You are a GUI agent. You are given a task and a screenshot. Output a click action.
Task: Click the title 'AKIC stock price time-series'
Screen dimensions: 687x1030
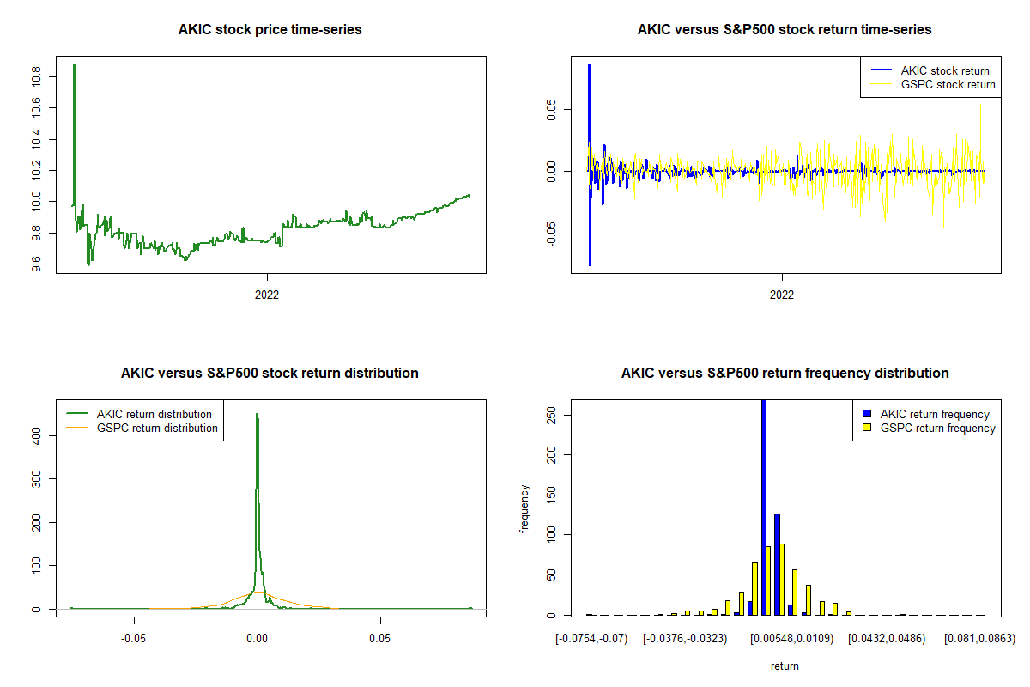(x=270, y=30)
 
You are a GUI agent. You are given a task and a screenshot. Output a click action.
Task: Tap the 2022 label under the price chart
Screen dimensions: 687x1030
(x=267, y=295)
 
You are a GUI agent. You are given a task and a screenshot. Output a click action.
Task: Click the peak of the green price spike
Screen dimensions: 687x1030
(x=74, y=64)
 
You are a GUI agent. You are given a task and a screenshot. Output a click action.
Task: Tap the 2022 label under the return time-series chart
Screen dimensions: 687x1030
(x=782, y=295)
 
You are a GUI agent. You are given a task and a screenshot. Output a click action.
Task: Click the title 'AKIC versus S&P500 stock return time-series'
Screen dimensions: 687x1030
(x=785, y=30)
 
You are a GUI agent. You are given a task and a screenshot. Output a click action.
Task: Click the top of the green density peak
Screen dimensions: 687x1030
(x=257, y=415)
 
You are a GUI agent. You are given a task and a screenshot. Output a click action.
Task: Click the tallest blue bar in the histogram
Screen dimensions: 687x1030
(x=764, y=507)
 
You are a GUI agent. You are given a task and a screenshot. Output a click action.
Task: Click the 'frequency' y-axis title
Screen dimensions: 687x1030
(x=525, y=509)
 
